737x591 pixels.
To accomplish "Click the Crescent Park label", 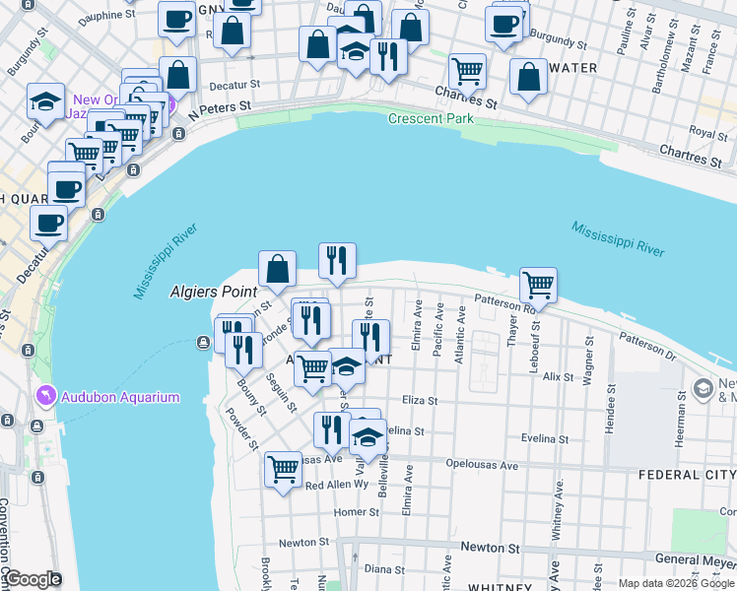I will point(431,118).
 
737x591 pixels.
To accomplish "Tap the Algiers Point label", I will point(213,292).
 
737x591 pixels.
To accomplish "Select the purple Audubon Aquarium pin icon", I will point(44,397).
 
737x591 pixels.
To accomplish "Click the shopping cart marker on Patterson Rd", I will point(538,286).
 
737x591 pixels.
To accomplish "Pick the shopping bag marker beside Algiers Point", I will point(278,268).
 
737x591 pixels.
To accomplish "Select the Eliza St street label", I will point(419,400).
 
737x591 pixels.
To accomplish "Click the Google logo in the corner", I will point(32,579).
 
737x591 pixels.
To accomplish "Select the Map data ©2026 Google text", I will point(676,583).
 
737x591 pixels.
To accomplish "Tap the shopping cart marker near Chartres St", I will point(467,71).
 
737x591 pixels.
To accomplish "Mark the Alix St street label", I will point(558,377).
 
